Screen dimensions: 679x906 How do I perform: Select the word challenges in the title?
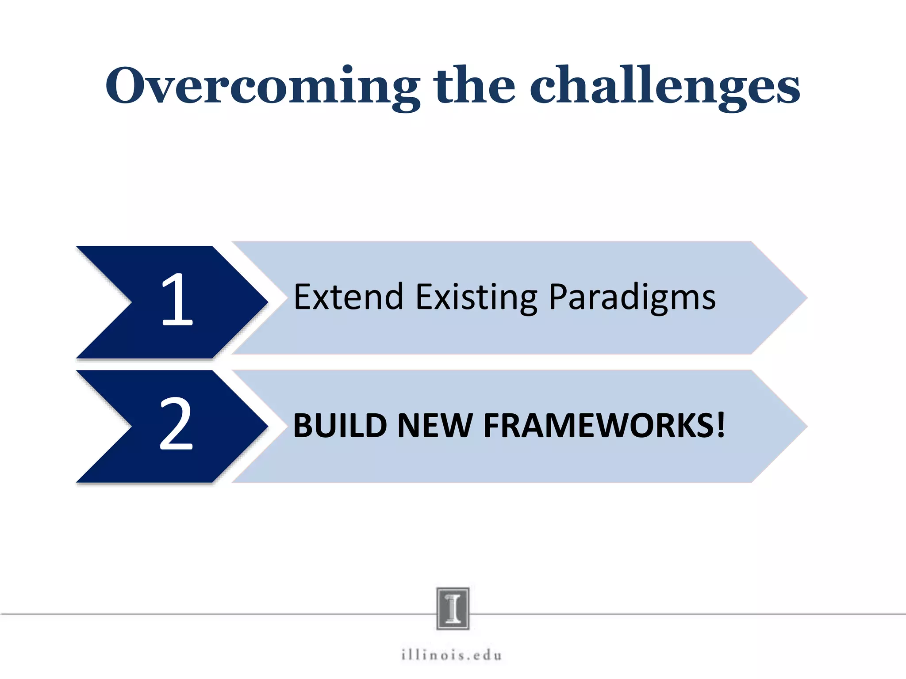664,86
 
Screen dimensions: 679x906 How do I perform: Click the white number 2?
176,424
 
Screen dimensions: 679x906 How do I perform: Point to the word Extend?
349,297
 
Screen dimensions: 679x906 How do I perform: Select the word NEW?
435,426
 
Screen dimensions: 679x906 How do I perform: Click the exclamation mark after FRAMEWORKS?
721,425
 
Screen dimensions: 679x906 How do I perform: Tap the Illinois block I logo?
453,608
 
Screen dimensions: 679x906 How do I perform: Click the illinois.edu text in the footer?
452,655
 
